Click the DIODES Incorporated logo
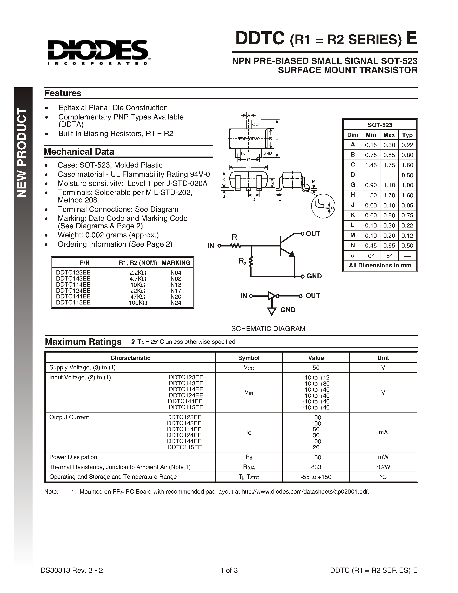point(98,52)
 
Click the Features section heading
point(63,93)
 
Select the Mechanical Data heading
point(79,152)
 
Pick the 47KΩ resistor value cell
point(138,296)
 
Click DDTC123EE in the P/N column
point(73,272)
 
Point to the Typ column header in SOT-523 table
point(407,135)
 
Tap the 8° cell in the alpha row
point(389,256)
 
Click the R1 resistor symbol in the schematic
point(235,246)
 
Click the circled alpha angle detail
point(323,206)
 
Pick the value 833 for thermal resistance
point(316,467)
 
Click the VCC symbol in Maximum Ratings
point(249,368)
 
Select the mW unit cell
point(383,457)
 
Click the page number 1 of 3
point(229,570)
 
